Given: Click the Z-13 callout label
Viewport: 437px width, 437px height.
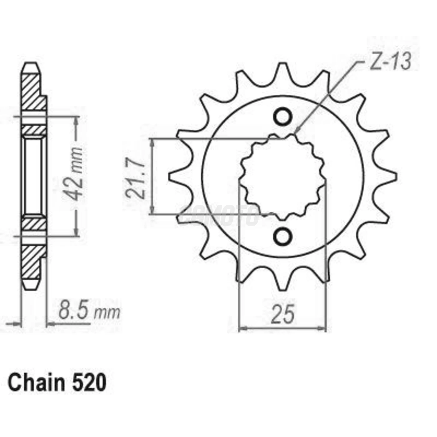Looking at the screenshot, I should pos(390,63).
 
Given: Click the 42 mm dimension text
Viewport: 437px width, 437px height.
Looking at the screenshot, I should pos(74,175).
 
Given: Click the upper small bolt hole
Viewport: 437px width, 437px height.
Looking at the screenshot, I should pos(282,117).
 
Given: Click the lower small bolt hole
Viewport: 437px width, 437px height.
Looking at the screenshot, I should pos(282,236).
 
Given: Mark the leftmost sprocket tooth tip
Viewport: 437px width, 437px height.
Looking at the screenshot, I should pos(170,177).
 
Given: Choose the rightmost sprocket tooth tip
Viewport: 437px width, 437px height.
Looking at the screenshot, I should pos(396,177).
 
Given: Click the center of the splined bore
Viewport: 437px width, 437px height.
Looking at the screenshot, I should pos(282,177).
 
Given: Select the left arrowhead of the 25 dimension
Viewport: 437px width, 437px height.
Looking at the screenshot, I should pos(242,328).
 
